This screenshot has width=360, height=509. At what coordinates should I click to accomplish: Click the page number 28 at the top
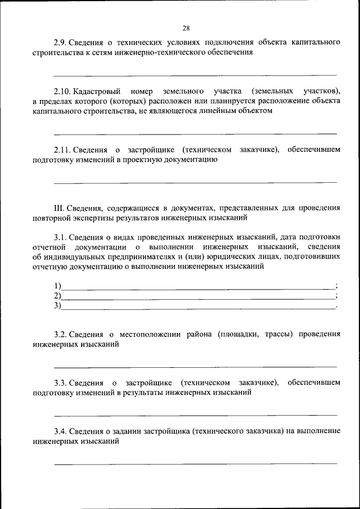coord(186,28)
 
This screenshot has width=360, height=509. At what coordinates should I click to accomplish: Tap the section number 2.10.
coord(63,91)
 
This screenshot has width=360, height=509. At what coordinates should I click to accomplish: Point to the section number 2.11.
coord(63,150)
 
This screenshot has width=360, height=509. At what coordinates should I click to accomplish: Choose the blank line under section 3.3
coord(195,415)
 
